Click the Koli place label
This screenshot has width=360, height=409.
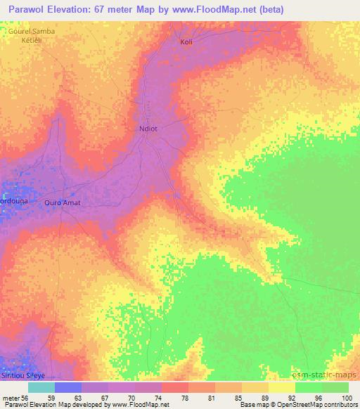coord(186,42)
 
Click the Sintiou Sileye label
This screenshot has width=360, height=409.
coord(17,377)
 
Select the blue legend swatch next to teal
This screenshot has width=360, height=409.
coord(67,387)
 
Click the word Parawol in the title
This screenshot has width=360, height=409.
coord(28,8)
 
